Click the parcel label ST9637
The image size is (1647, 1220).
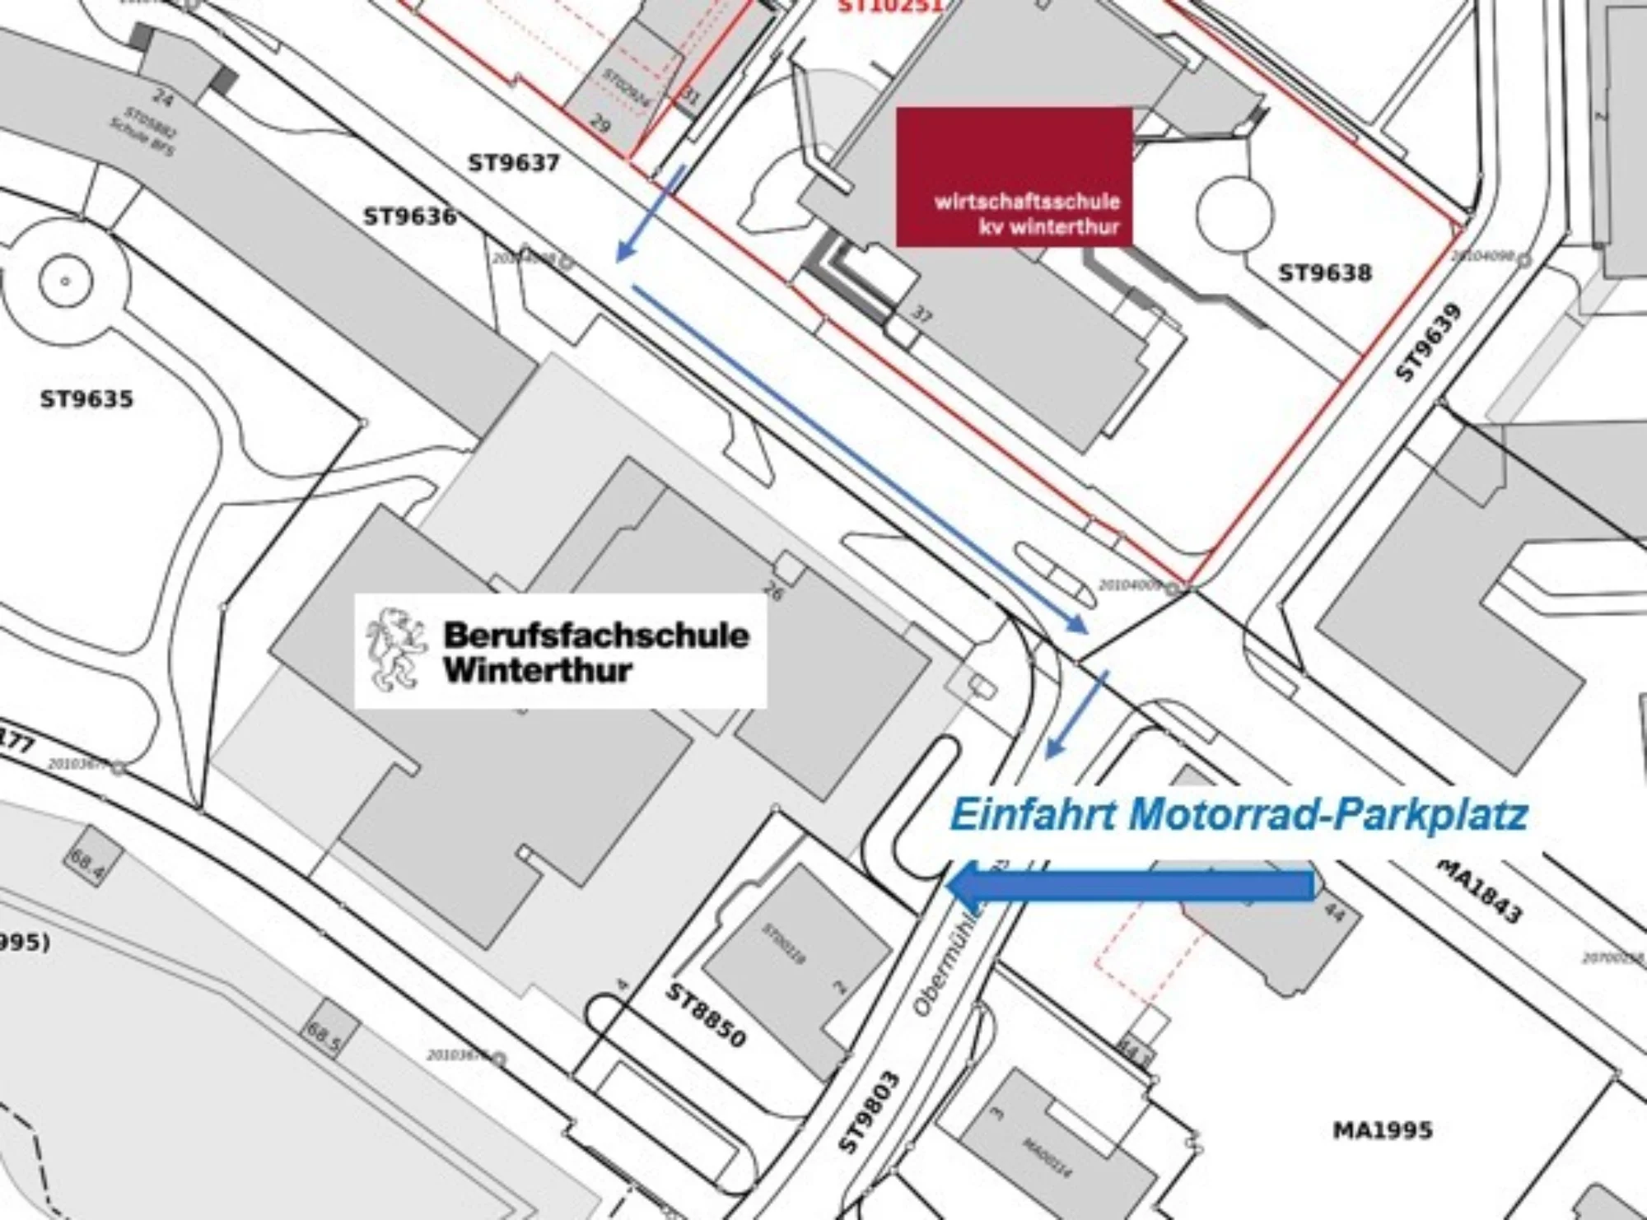514,163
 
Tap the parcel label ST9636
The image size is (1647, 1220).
409,217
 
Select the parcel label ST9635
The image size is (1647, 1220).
86,400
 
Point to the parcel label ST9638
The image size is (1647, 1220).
1325,272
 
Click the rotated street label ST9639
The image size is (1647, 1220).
1430,342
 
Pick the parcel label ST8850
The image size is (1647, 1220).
705,1015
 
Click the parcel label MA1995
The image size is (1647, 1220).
1383,1130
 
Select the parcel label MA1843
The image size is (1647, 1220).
1480,892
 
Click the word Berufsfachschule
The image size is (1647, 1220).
596,636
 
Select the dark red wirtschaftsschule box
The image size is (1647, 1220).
1014,176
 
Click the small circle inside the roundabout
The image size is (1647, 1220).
65,282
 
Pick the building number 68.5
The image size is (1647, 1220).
324,1035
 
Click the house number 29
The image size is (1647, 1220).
600,125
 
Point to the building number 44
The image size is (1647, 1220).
1334,912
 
